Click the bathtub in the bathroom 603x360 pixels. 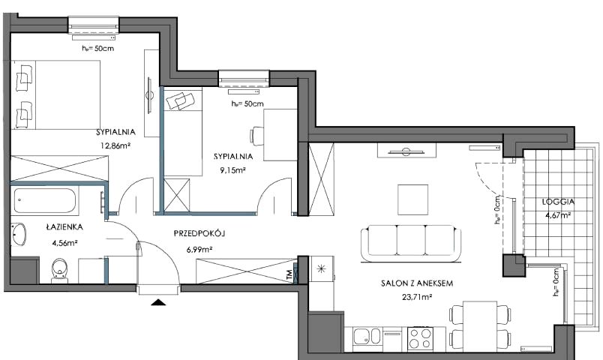coord(45,200)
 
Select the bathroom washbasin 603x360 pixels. coord(18,234)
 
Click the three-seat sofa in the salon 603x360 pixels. coord(411,243)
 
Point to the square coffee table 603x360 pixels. coord(413,199)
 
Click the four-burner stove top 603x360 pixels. coord(420,338)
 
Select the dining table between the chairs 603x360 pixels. coord(480,326)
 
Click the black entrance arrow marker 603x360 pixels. coord(158,302)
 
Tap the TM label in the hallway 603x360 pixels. coord(289,274)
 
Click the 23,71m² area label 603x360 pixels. coord(417,296)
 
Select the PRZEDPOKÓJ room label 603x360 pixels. coord(199,233)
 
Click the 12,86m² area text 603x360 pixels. coord(115,145)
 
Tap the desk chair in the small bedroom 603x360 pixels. coord(257,136)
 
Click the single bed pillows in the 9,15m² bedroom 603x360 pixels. coord(180,100)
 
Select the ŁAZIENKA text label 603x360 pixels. coord(64,227)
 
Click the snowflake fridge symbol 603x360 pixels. coord(321,269)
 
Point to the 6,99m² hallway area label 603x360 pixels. coord(199,250)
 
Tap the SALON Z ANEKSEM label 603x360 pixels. coord(417,283)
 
